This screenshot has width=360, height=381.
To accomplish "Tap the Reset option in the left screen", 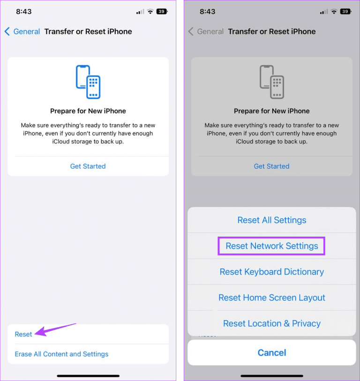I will [23, 334].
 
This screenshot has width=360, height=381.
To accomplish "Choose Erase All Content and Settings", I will [61, 354].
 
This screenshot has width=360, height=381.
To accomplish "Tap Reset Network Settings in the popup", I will [272, 246].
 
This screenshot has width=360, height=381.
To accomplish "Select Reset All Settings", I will [272, 220].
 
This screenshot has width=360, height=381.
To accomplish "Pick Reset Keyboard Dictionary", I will [272, 272].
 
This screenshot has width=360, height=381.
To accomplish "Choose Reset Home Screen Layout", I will [272, 298].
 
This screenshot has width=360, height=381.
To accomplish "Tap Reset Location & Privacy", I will [272, 323].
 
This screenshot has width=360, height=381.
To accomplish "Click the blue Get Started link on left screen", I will [88, 166].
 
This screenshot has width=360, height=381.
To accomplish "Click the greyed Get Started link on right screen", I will [271, 166].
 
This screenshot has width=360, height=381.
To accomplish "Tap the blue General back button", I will [22, 32].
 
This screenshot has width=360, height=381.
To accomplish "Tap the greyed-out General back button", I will [206, 32].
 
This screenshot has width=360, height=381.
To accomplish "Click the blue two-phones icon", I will [88, 82].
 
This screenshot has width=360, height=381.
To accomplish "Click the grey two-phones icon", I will [272, 82].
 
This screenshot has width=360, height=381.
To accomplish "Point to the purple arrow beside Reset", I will [55, 329].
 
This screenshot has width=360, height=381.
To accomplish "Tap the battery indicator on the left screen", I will [162, 11].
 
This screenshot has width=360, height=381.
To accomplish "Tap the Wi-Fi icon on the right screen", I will [333, 11].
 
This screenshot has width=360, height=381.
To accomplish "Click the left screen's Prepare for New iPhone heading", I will [88, 111].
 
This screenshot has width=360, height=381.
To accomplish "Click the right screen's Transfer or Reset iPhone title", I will [272, 32].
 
